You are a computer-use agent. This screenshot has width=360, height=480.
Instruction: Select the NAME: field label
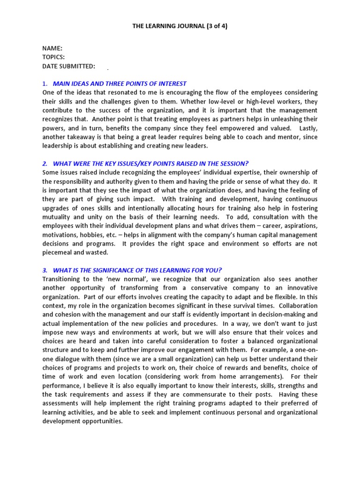click(52, 48)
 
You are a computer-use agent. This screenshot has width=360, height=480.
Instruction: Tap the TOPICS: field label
click(53, 57)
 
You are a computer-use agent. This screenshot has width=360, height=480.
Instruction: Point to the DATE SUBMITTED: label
click(69, 66)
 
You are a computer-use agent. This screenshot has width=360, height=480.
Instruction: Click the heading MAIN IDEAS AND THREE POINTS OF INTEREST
click(120, 83)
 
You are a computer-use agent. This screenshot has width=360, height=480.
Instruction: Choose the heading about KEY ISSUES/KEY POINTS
click(151, 164)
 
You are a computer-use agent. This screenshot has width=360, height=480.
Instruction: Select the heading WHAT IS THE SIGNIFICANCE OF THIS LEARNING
click(137, 270)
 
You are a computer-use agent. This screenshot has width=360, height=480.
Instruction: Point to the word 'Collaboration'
click(296, 306)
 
